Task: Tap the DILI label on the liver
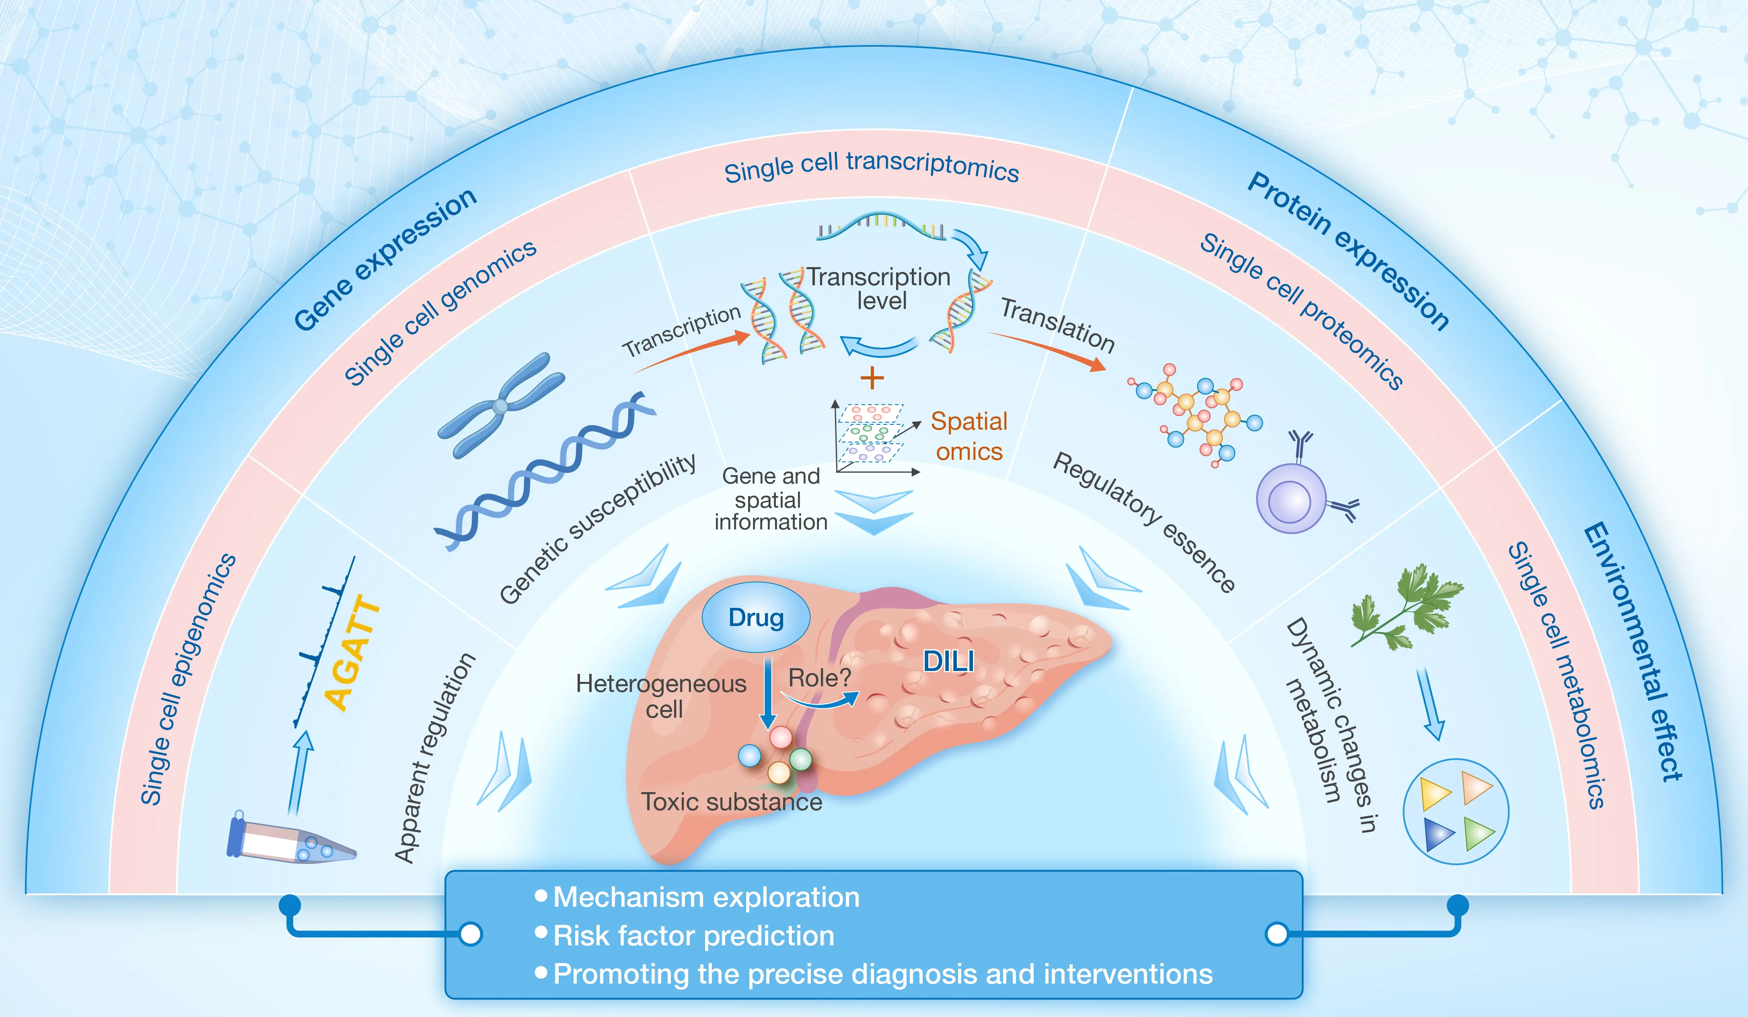(948, 661)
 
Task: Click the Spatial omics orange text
(969, 436)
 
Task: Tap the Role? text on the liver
(819, 678)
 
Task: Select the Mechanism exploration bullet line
(697, 898)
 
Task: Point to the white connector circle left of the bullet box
(471, 934)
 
